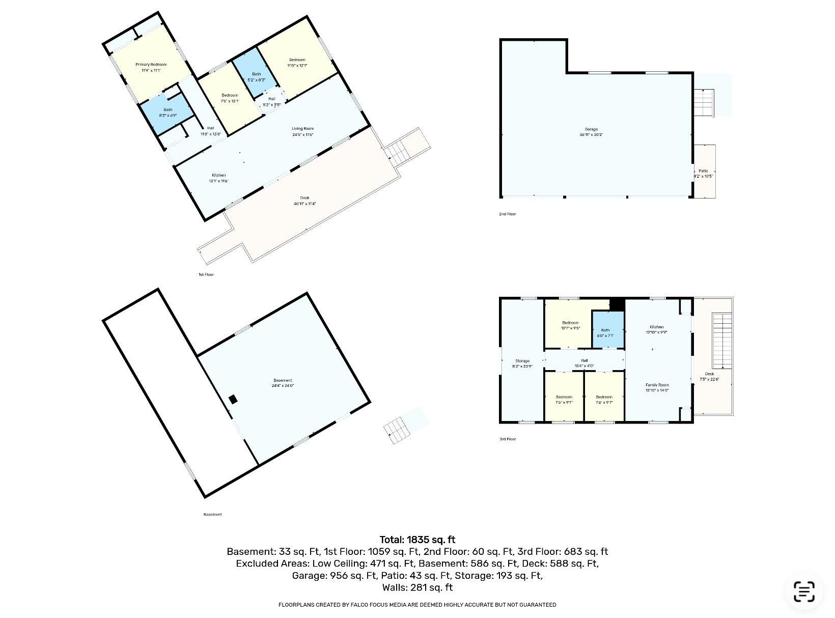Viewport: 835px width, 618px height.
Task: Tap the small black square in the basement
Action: pyautogui.click(x=233, y=400)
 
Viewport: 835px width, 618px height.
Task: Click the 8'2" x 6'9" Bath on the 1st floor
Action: pyautogui.click(x=168, y=112)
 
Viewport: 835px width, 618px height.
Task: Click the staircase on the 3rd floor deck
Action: pyautogui.click(x=722, y=341)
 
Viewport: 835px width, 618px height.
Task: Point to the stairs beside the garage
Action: pyautogui.click(x=704, y=102)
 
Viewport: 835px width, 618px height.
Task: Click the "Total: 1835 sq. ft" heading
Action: pyautogui.click(x=417, y=540)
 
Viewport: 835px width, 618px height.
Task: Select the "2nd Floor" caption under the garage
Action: pyautogui.click(x=507, y=214)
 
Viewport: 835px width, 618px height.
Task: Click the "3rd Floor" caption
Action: pyautogui.click(x=507, y=439)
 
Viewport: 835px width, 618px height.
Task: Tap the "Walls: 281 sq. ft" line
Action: pyautogui.click(x=417, y=587)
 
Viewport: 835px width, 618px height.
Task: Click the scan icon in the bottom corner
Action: pyautogui.click(x=804, y=592)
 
